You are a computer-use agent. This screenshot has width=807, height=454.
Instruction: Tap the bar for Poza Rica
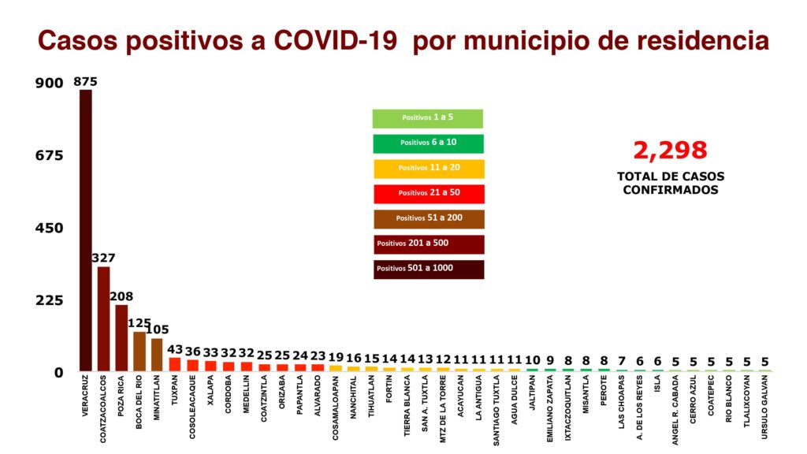(x=121, y=338)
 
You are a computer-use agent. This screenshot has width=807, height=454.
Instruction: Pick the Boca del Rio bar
(x=139, y=352)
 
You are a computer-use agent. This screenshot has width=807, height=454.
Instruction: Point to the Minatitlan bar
(x=157, y=355)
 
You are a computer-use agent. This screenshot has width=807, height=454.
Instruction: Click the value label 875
(x=85, y=81)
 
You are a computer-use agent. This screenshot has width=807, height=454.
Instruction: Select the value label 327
(x=103, y=259)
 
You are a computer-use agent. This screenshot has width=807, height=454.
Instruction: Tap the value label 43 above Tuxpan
(x=175, y=349)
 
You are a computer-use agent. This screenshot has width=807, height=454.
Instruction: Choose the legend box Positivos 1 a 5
(x=428, y=118)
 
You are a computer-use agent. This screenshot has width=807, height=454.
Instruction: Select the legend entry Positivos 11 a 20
(x=428, y=169)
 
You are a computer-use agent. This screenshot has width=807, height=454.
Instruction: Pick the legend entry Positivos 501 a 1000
(x=428, y=270)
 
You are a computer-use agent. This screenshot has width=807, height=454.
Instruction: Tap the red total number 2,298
(x=670, y=150)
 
